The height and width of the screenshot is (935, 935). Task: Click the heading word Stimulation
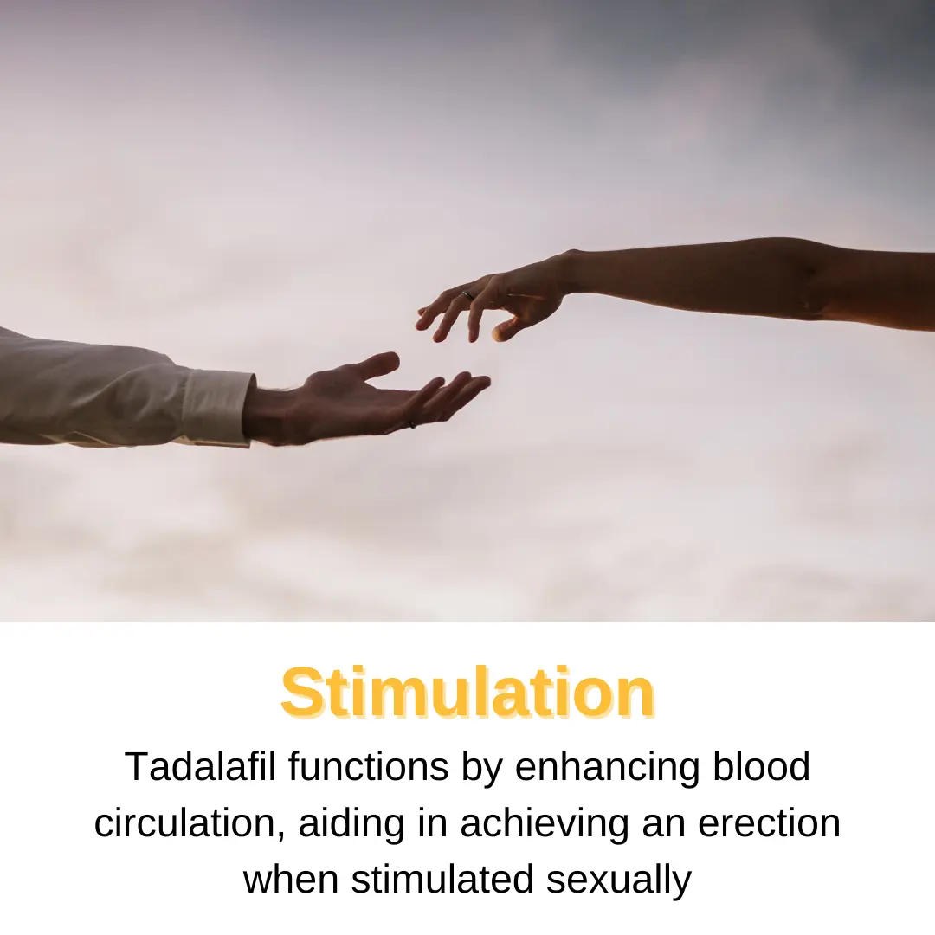coord(467,693)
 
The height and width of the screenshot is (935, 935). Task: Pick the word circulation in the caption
coord(190,823)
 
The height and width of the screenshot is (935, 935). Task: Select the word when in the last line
coord(291,880)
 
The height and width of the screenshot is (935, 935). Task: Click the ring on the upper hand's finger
coord(468,296)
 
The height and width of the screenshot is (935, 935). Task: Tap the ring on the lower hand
coord(412,423)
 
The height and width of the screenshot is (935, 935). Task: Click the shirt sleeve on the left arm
coord(87,390)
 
